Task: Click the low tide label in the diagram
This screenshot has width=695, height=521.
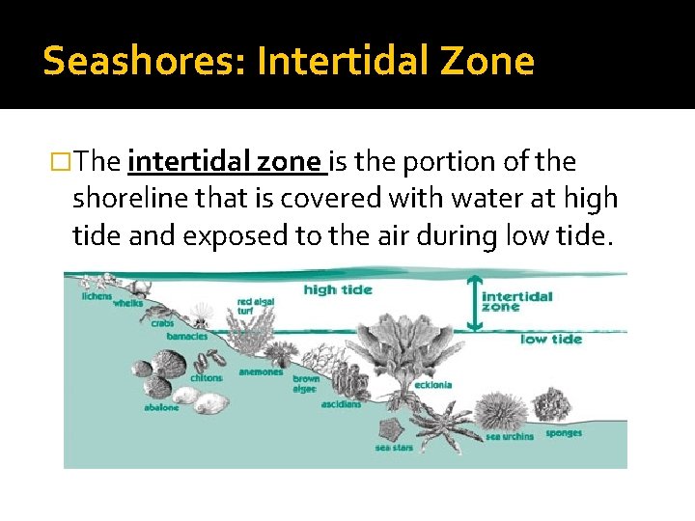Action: pos(551,339)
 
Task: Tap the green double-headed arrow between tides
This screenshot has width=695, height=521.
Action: pos(472,303)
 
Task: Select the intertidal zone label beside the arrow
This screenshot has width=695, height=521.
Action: pos(516,301)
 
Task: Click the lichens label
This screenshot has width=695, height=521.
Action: pos(97,296)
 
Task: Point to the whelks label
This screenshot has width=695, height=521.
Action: pos(127,304)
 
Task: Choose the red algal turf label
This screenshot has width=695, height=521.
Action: pos(256,306)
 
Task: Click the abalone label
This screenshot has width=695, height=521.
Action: pos(162,407)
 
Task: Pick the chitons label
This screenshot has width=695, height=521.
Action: pos(206,378)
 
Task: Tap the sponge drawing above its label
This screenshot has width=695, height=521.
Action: pos(555,405)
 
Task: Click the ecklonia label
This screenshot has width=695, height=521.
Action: pos(433,385)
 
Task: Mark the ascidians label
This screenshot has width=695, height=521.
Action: pos(342,404)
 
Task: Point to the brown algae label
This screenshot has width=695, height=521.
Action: pos(306,384)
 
